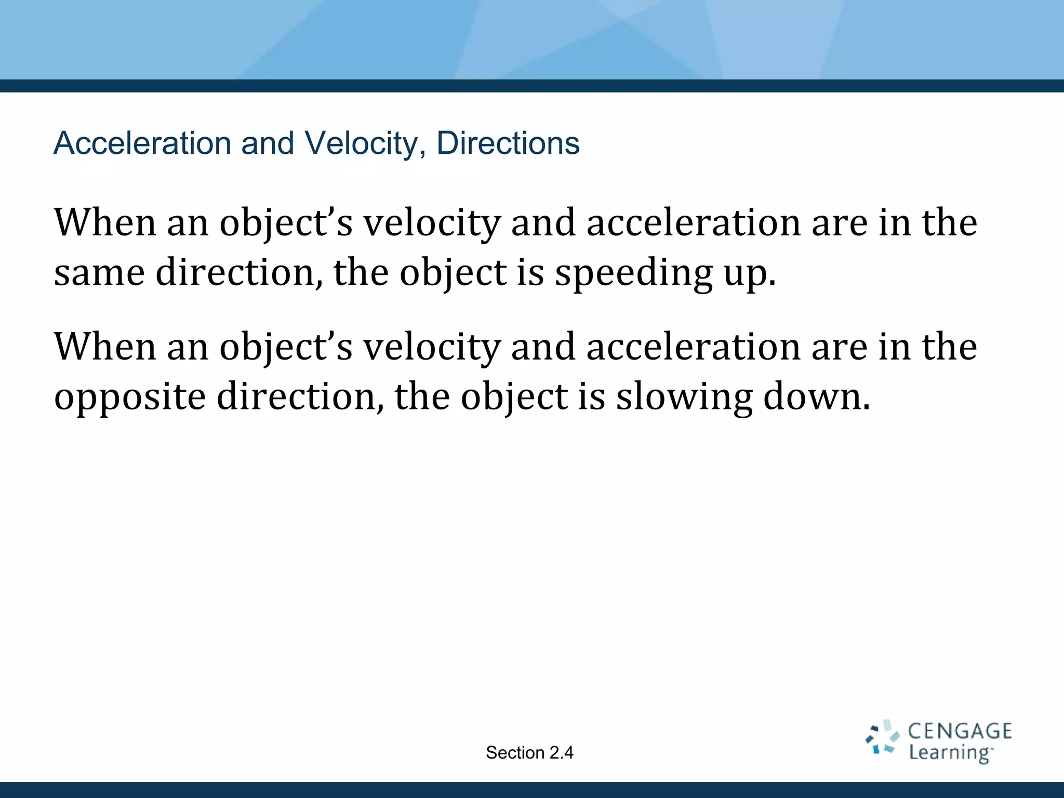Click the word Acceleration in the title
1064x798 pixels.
(x=142, y=143)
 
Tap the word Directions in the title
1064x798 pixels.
(x=508, y=143)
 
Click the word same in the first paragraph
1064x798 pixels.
(x=99, y=273)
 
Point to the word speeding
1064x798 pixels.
(x=633, y=273)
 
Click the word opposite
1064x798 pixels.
(x=130, y=397)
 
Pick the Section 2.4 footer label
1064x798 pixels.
(x=529, y=753)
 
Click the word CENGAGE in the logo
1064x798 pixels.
(x=960, y=731)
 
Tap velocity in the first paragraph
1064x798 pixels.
(x=432, y=223)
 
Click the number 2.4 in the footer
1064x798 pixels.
(x=561, y=753)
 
